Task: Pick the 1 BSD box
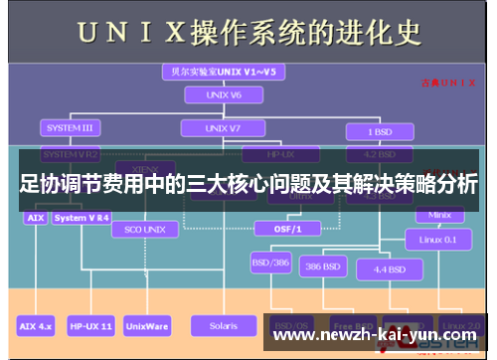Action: (x=378, y=132)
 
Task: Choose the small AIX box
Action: (x=34, y=217)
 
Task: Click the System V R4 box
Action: (x=83, y=217)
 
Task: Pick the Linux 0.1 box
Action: (x=438, y=239)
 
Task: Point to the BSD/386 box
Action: (x=270, y=264)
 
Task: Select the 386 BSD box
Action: (x=325, y=268)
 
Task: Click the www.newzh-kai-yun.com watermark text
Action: (x=375, y=335)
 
